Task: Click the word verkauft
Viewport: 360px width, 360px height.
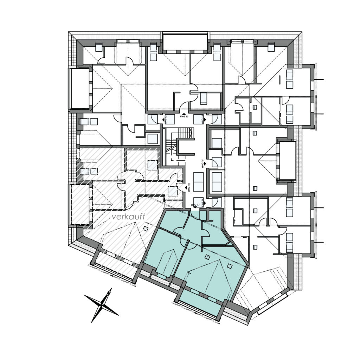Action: coord(129,217)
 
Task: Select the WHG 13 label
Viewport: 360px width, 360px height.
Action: coord(185,116)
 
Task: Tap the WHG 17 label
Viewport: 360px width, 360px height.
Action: coord(195,205)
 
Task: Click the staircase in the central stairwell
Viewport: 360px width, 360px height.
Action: coord(184,133)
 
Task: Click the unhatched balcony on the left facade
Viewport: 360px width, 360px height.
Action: coord(79,88)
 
